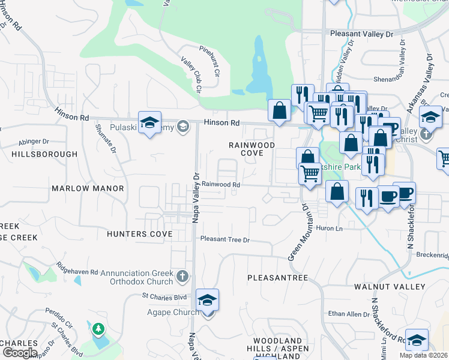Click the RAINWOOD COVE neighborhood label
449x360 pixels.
252,149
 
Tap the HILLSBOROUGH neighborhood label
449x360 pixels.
44,154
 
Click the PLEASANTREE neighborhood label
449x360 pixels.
278,278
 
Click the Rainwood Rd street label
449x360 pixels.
220,185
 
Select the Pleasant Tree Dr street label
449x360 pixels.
224,239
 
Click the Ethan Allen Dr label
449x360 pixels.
349,314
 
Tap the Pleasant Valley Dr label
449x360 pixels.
361,34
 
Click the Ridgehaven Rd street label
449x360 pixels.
77,268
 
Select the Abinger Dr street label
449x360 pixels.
34,142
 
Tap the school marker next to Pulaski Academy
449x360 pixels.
149,123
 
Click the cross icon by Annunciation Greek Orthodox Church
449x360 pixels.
183,277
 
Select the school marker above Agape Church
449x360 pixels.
207,299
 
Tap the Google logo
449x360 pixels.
19,353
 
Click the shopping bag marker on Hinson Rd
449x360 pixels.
279,110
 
